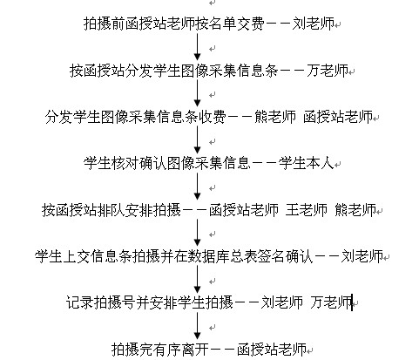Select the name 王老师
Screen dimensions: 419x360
click(307, 210)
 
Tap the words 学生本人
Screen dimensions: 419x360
click(307, 163)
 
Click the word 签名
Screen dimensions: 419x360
click(271, 256)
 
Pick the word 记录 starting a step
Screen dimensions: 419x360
click(79, 302)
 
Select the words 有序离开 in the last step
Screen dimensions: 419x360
click(181, 350)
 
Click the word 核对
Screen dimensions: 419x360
click(125, 163)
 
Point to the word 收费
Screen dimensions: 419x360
click(212, 117)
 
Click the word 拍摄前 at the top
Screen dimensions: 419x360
click(105, 24)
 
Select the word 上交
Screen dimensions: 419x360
click(77, 256)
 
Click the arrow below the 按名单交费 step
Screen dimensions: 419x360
click(198, 47)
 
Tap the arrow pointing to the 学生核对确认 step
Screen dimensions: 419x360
click(198, 140)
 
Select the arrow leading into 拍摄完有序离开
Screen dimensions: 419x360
click(198, 326)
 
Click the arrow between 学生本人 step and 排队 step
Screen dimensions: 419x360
click(198, 187)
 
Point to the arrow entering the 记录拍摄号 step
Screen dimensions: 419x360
click(198, 280)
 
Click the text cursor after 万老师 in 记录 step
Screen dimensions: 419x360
click(352, 302)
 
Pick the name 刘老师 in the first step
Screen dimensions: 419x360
click(314, 24)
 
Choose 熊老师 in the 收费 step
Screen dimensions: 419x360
click(275, 117)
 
